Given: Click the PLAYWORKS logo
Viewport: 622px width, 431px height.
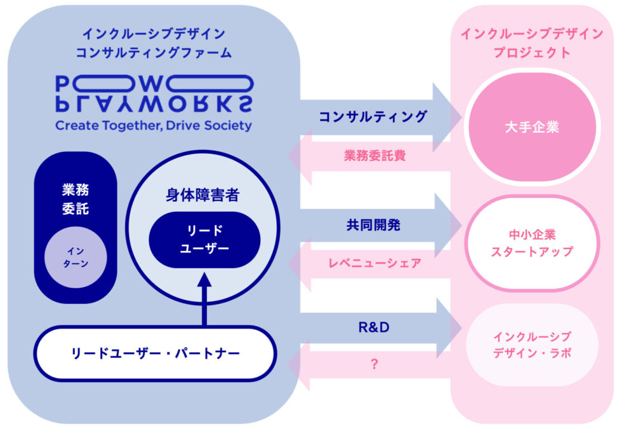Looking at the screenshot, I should (154, 93).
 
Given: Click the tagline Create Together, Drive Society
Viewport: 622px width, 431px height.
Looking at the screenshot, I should (154, 125).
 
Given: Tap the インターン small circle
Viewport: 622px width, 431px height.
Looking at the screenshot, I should (76, 256).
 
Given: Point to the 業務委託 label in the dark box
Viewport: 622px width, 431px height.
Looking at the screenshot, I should (76, 198).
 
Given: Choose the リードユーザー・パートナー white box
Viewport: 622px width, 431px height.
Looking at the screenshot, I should (155, 352).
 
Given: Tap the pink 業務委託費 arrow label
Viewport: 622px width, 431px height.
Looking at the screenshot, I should (374, 154).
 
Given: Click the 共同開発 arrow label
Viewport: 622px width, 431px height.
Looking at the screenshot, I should (373, 225).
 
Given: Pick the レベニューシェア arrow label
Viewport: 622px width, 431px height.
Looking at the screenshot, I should (374, 263).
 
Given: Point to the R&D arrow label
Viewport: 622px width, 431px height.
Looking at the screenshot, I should (373, 327).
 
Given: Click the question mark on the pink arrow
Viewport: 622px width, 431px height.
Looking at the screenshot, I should (374, 365).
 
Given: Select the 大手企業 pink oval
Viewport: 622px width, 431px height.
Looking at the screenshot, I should (531, 127).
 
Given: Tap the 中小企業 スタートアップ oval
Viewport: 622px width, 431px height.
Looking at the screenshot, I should (531, 243).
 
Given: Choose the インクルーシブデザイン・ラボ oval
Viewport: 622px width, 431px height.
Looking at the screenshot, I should (531, 345).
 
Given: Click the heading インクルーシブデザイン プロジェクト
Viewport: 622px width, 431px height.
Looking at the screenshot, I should (531, 43).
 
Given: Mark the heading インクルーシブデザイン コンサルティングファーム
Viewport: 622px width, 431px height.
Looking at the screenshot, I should (154, 43).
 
